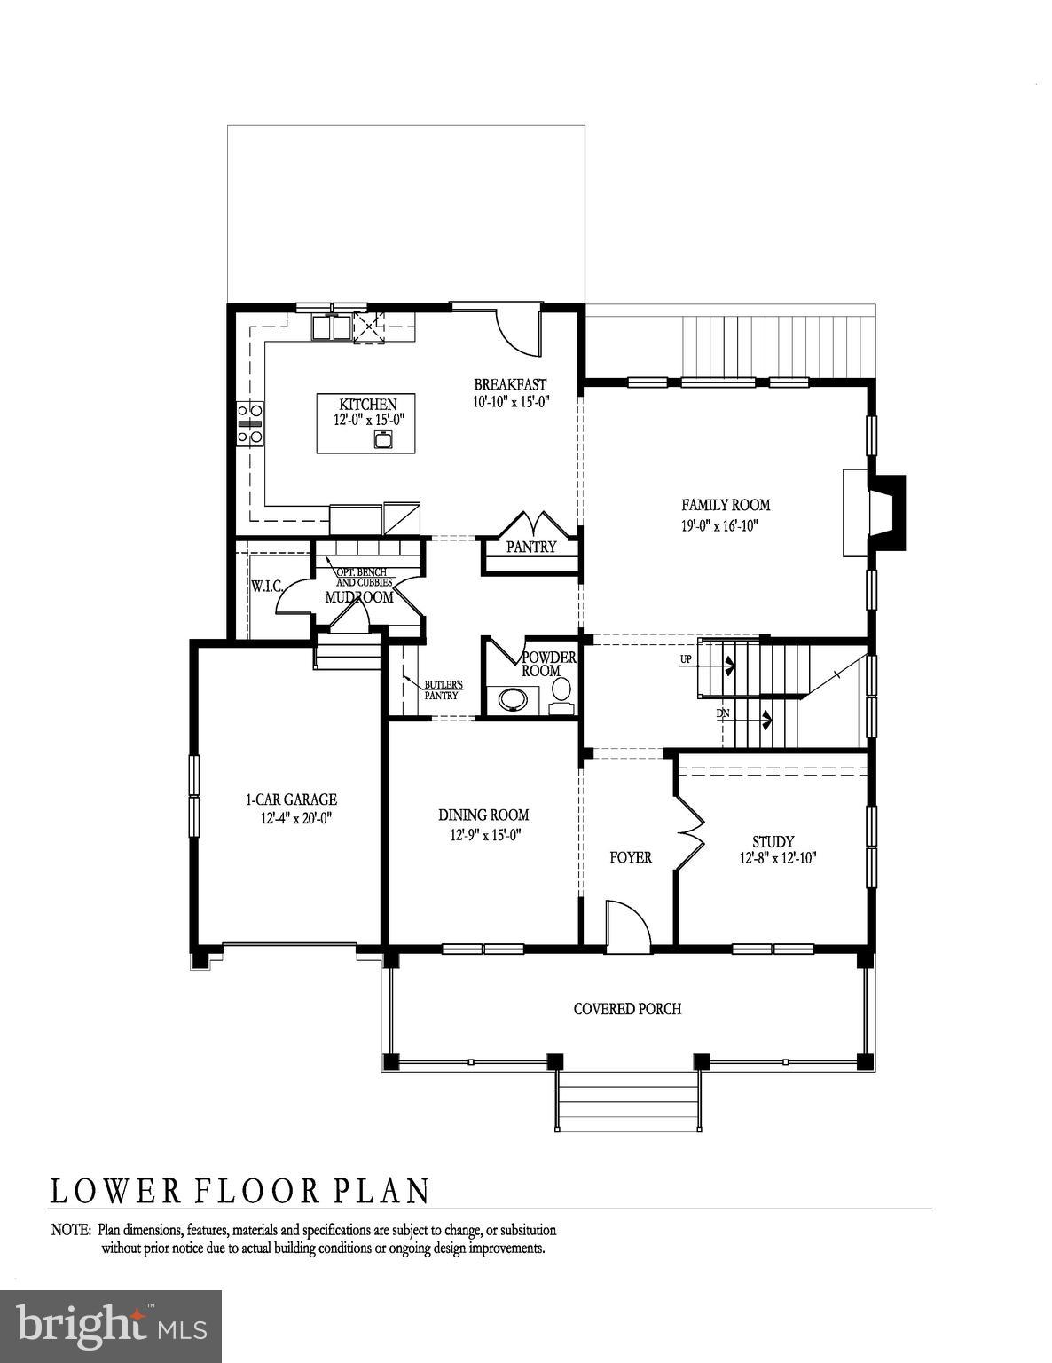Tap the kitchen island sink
pos(384,440)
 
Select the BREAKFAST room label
pos(510,384)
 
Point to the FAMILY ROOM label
pos(726,505)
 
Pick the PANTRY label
pos(530,548)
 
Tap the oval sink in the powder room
pos(513,699)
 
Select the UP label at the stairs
pos(686,659)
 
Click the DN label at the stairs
pos(724,713)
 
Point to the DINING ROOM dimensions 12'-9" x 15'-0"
pos(484,834)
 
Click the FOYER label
pos(631,857)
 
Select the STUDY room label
pos(773,841)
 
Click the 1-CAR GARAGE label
pos(291,800)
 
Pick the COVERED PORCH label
pos(627,1009)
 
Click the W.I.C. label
pos(266,587)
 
